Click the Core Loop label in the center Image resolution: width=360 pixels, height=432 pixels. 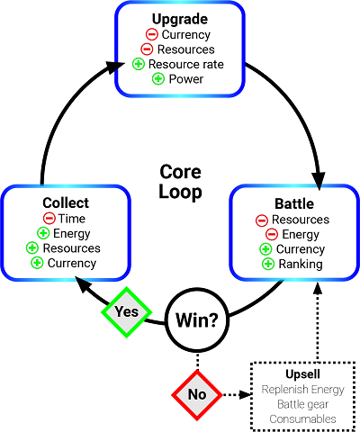click(x=180, y=180)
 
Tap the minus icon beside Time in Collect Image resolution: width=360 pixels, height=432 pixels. click(x=49, y=219)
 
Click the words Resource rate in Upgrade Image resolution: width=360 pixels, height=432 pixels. click(x=187, y=64)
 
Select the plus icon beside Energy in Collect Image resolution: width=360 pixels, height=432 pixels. click(x=42, y=234)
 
